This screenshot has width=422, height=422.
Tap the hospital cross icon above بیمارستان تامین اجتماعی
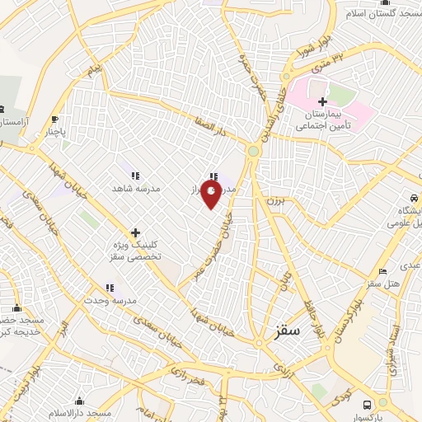(x=322, y=101)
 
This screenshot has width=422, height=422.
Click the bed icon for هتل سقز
(x=381, y=271)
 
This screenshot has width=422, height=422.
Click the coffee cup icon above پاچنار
(x=54, y=118)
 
